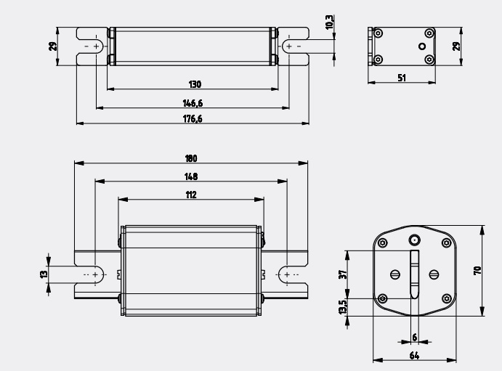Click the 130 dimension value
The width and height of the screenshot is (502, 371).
pyautogui.click(x=195, y=84)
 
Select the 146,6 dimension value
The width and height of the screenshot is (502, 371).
pyautogui.click(x=193, y=103)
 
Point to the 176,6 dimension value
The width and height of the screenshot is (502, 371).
pyautogui.click(x=193, y=118)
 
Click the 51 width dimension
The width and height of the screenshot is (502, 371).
pyautogui.click(x=402, y=77)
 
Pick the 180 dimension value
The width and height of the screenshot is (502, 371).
pyautogui.click(x=191, y=158)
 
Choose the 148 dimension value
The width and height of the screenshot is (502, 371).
pyautogui.click(x=191, y=176)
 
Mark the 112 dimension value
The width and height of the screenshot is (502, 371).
pyautogui.click(x=191, y=195)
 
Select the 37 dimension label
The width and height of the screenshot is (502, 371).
pyautogui.click(x=342, y=274)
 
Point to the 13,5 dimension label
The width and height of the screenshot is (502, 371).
pyautogui.click(x=342, y=308)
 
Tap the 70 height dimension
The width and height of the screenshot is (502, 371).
pyautogui.click(x=477, y=270)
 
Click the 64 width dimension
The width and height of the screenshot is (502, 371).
pyautogui.click(x=413, y=356)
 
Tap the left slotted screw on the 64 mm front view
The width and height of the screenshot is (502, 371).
pyautogui.click(x=394, y=274)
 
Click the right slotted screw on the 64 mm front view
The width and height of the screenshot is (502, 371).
pyautogui.click(x=434, y=274)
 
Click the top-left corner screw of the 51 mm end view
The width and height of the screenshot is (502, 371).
pyautogui.click(x=378, y=33)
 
